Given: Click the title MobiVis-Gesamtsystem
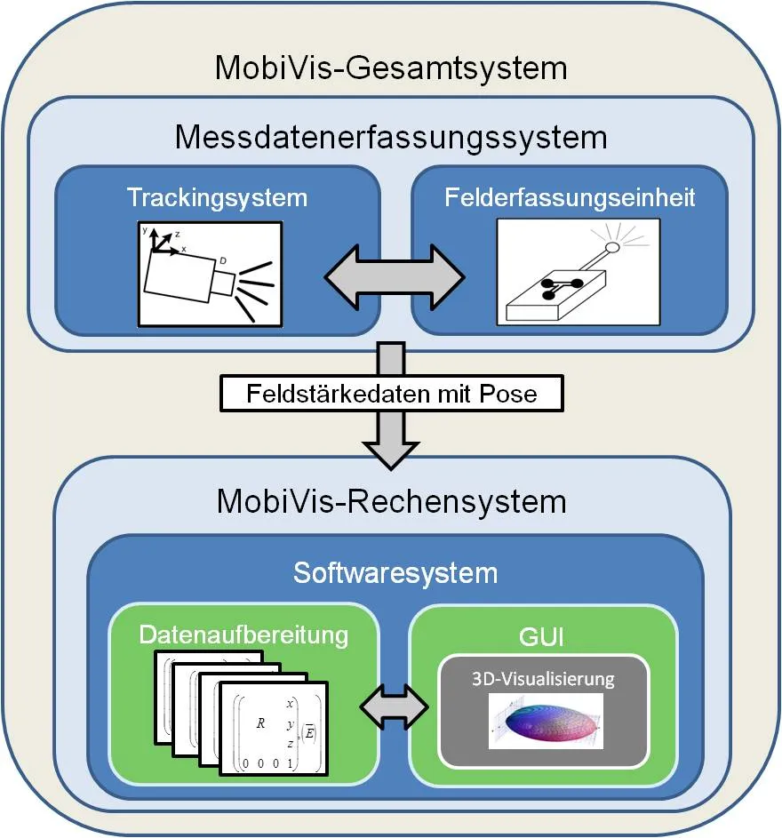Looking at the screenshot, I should [391, 68].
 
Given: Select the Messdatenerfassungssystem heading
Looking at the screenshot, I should [391, 138].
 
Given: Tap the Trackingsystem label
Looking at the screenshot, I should [217, 196].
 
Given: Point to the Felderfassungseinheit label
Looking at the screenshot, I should [570, 196].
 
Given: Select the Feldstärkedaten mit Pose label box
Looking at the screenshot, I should [392, 392].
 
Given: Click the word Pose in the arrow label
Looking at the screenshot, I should [509, 392].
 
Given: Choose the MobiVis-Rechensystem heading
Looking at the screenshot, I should [392, 500].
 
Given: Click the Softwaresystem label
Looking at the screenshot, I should [395, 572].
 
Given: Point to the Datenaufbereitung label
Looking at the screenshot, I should [243, 635].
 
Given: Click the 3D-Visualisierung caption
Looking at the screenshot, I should [543, 680].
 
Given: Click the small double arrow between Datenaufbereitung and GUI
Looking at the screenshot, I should [394, 706].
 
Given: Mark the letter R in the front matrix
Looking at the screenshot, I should [259, 723].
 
